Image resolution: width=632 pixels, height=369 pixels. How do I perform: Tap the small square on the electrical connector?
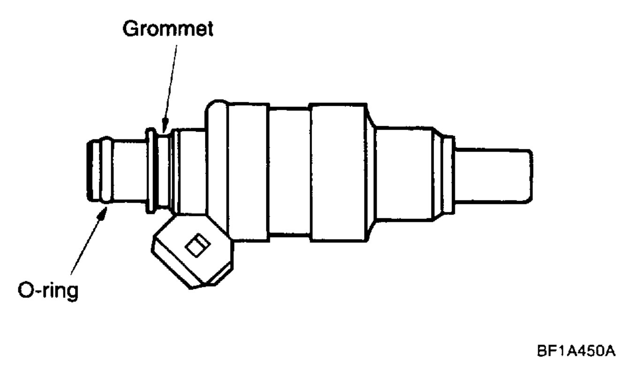click(x=198, y=245)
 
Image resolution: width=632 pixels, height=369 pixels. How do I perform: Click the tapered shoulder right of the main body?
click(x=371, y=171)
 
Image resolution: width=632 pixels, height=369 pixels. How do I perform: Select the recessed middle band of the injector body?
click(x=289, y=171)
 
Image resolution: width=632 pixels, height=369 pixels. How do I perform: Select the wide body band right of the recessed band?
click(x=337, y=171)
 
